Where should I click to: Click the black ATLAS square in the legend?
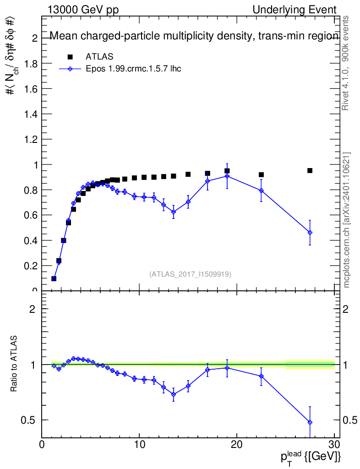tap(70, 57)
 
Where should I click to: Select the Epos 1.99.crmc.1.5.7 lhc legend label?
tap(133, 69)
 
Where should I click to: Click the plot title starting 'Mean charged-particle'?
tap(194, 36)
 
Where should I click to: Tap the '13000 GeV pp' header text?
tap(83, 10)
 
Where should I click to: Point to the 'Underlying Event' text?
tap(295, 10)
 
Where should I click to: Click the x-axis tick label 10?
tap(139, 444)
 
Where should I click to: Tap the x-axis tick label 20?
tap(237, 444)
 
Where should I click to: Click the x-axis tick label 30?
tap(334, 444)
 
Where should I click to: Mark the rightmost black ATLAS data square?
tap(310, 170)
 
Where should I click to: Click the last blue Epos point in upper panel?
tap(310, 232)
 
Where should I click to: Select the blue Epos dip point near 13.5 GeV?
tap(174, 212)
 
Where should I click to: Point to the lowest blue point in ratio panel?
tap(310, 422)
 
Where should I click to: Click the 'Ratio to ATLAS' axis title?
tap(14, 364)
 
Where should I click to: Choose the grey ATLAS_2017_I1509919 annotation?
tap(190, 274)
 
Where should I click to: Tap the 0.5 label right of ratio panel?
tap(349, 420)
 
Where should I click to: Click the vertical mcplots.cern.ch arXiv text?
tap(346, 220)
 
